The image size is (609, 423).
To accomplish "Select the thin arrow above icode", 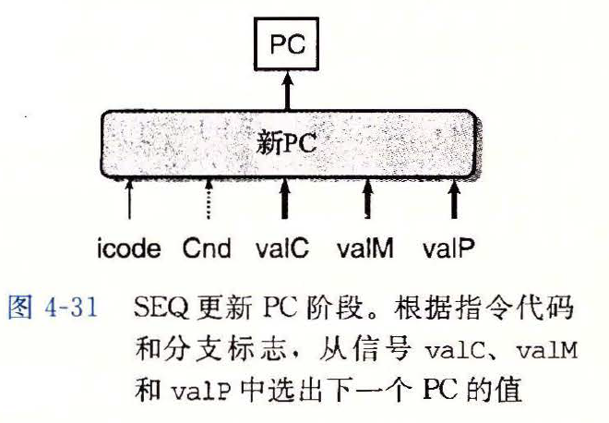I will click(129, 199).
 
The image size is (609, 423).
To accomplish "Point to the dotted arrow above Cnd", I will click(208, 199).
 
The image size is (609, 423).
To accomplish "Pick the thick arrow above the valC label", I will click(286, 199).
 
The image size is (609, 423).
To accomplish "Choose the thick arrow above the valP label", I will click(453, 199).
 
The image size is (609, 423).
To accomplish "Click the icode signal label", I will click(129, 248).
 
